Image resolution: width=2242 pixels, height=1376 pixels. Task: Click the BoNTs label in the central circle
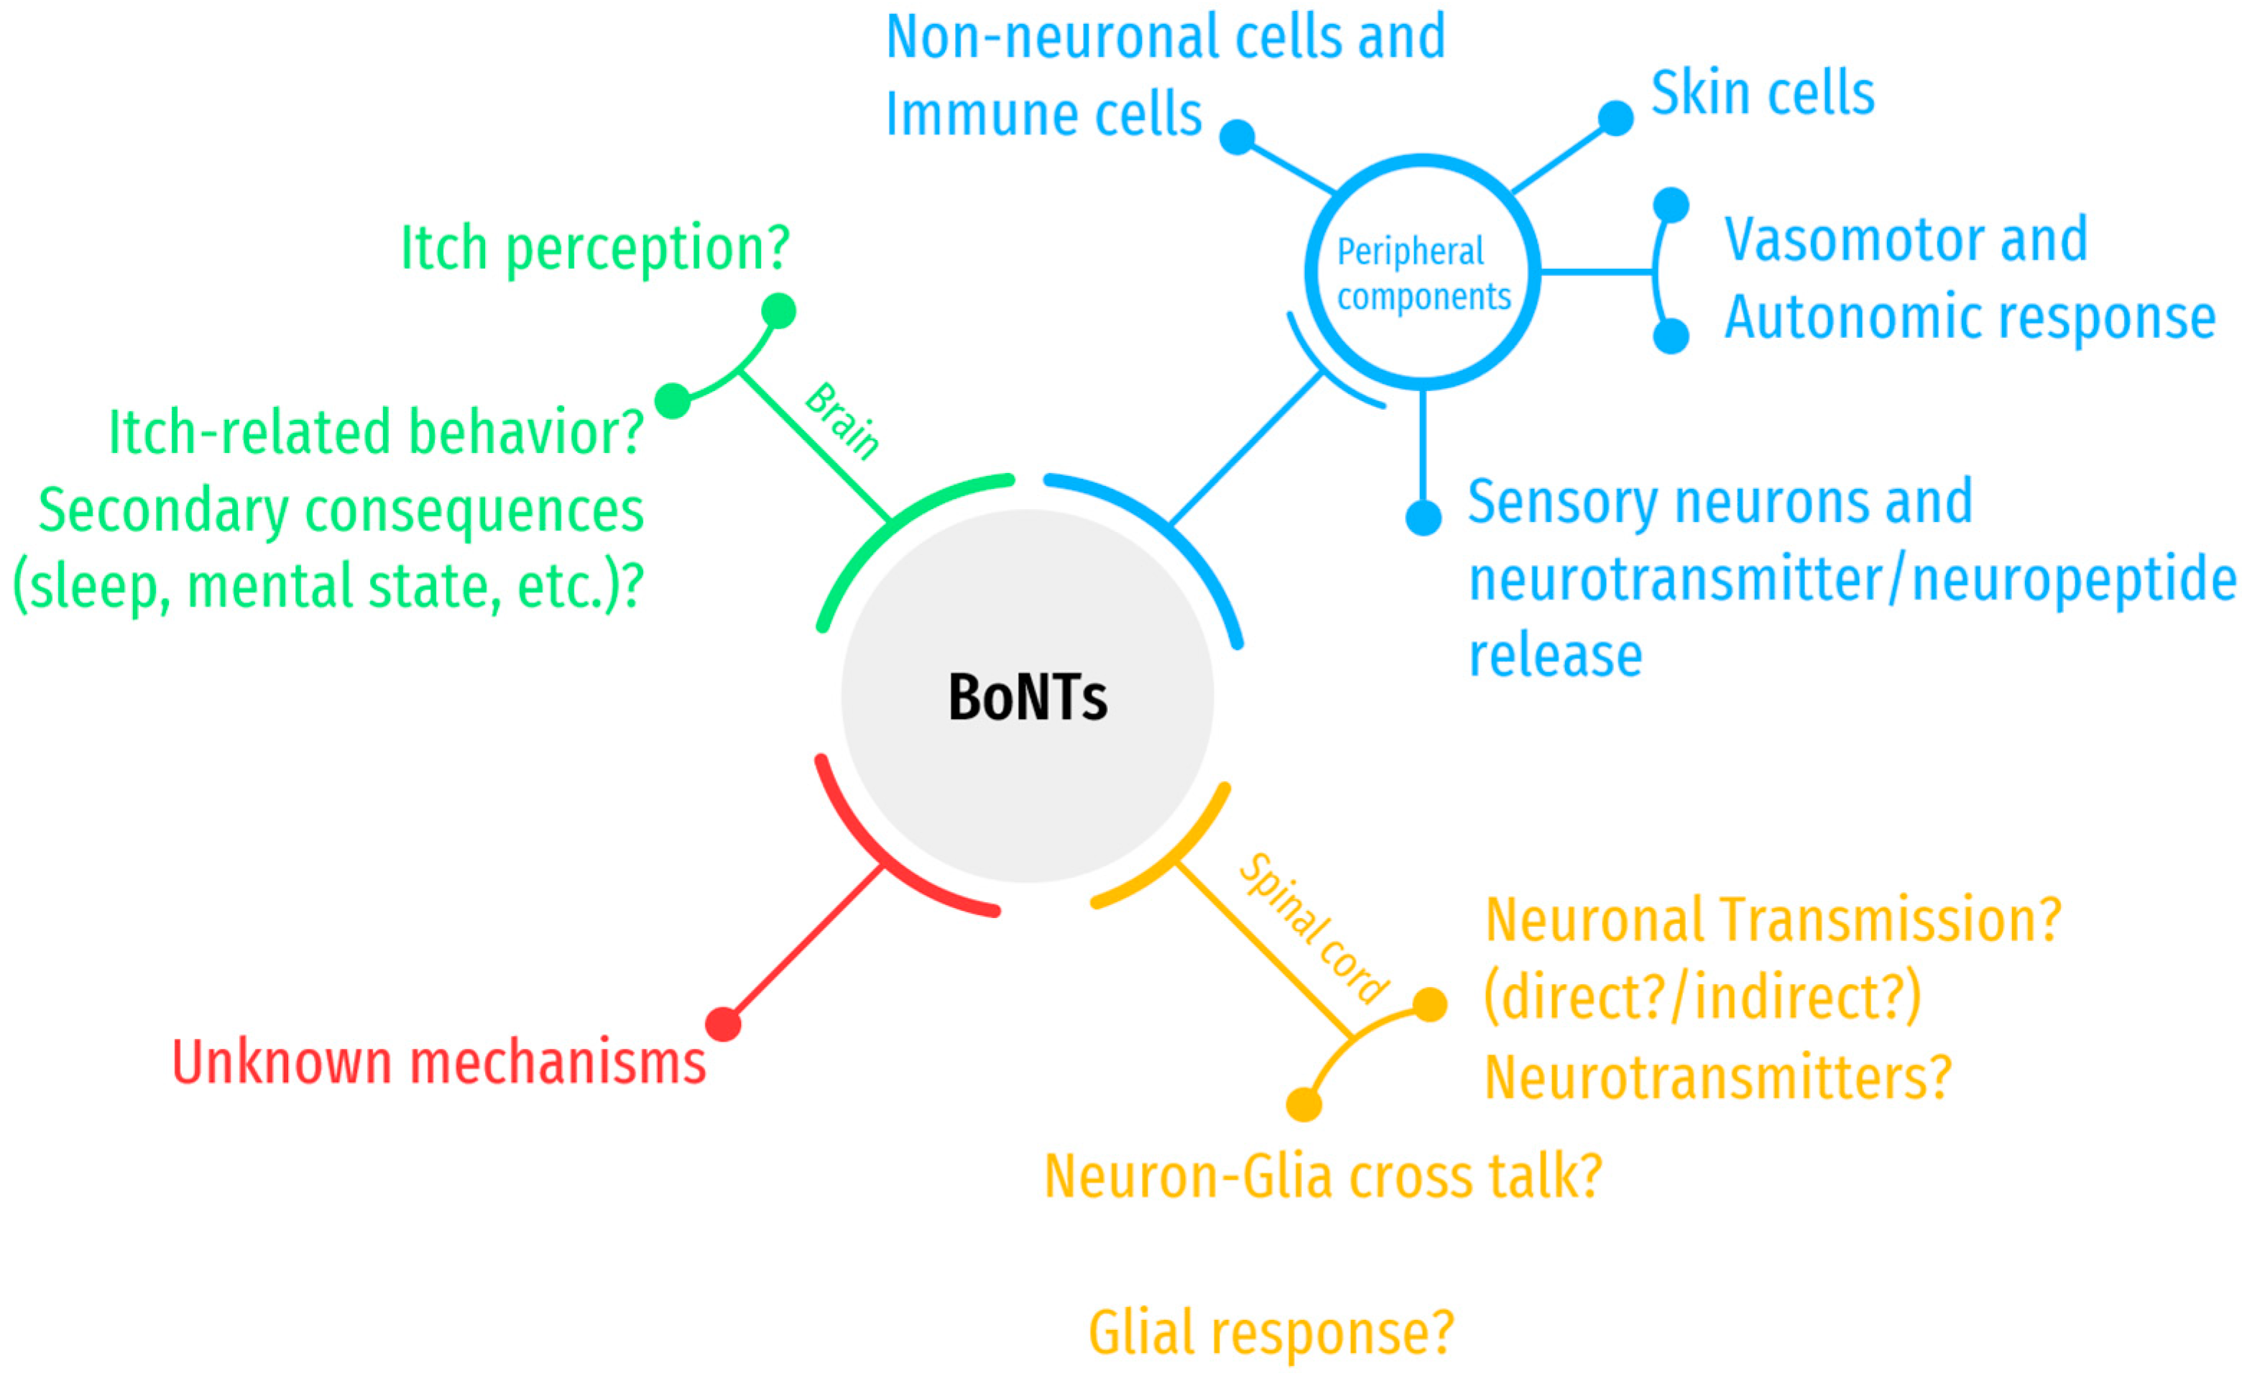[1028, 698]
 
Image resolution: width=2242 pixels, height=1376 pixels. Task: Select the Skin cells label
[1763, 93]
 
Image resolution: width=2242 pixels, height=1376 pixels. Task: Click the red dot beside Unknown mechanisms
[724, 1024]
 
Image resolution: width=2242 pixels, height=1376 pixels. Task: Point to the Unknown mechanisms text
[438, 1062]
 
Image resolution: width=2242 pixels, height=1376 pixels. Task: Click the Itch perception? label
[595, 247]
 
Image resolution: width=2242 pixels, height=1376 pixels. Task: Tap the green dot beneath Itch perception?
[778, 311]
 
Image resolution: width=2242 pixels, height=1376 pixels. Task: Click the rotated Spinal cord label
[1314, 928]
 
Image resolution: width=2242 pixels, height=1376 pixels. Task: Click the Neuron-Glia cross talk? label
[1323, 1176]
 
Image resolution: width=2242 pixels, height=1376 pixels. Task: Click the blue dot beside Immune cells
[1237, 137]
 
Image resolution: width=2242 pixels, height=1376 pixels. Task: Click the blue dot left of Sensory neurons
[1424, 518]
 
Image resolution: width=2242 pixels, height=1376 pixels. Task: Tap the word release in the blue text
[1556, 655]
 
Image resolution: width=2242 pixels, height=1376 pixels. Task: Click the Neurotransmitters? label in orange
[1719, 1078]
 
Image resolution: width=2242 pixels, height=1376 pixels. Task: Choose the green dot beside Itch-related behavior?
[673, 400]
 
